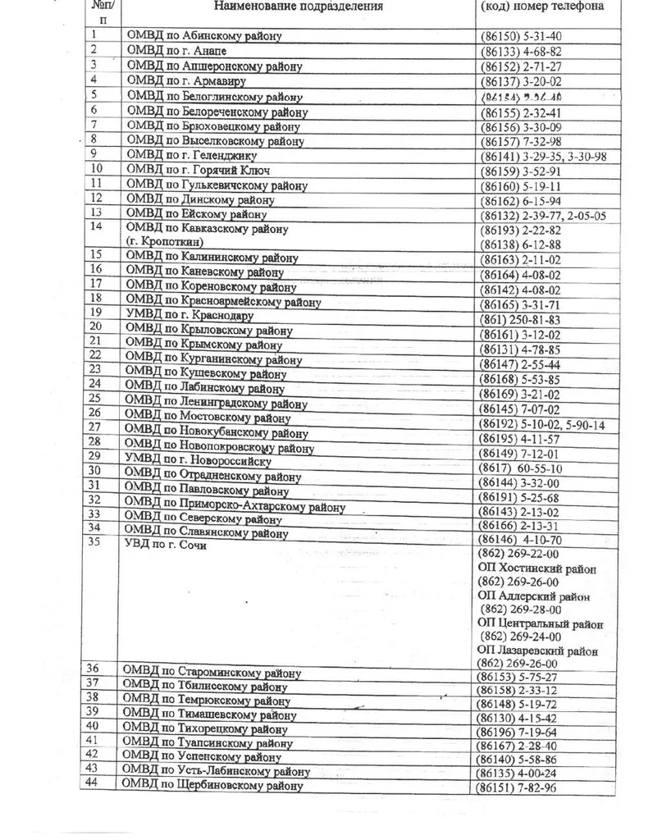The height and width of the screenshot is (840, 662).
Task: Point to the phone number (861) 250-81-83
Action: pos(521,320)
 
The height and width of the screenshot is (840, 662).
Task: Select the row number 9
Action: pos(95,153)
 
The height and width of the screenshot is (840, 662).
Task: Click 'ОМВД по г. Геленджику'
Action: pos(193,155)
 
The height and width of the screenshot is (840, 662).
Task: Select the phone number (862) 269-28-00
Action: pos(522,609)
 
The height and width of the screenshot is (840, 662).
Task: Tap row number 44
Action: pos(93,783)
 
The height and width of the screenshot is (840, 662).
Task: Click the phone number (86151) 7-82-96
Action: pos(517,788)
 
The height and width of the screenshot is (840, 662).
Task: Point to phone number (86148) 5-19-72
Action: pos(517,704)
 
